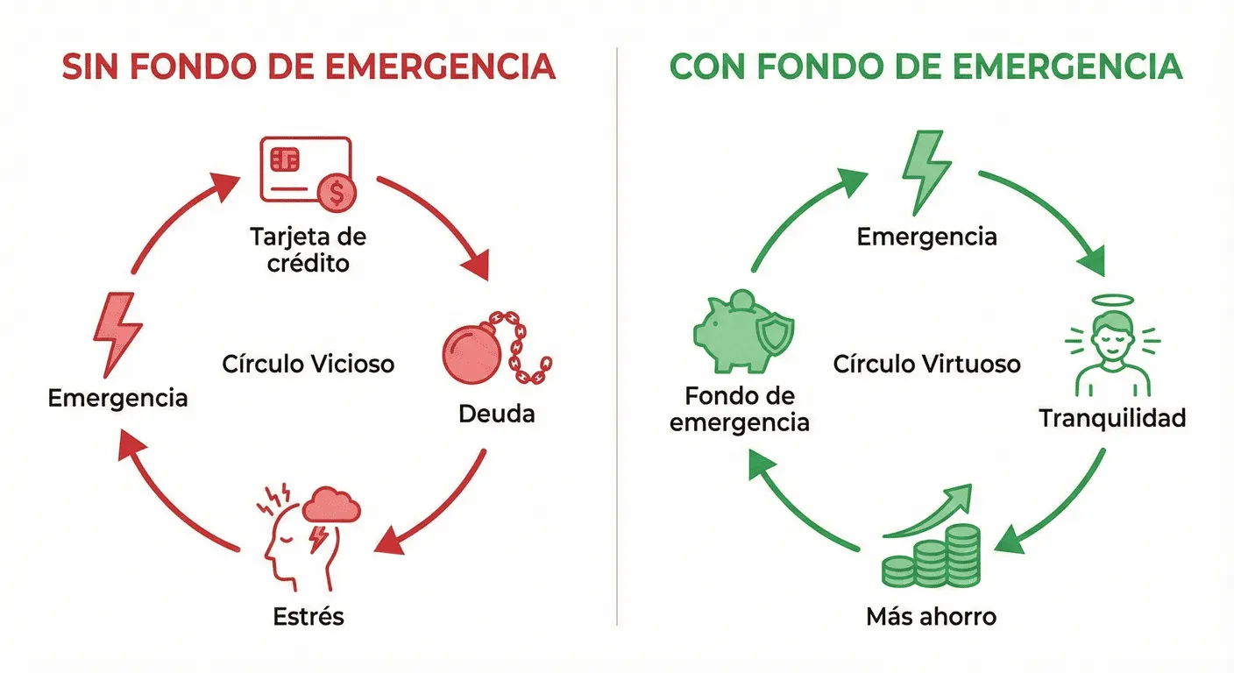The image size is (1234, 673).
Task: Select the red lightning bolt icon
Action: pos(117,334)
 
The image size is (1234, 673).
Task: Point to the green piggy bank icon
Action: pos(741,332)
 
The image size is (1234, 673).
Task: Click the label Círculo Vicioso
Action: pos(308,363)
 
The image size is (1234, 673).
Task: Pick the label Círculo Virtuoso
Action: pos(926,363)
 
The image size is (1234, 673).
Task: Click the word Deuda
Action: pos(496,413)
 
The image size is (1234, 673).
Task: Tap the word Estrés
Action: pos(308,616)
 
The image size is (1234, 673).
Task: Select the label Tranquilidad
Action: pos(1111,418)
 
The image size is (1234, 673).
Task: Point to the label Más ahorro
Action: pos(931,617)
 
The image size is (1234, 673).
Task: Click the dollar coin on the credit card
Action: pos(337,193)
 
